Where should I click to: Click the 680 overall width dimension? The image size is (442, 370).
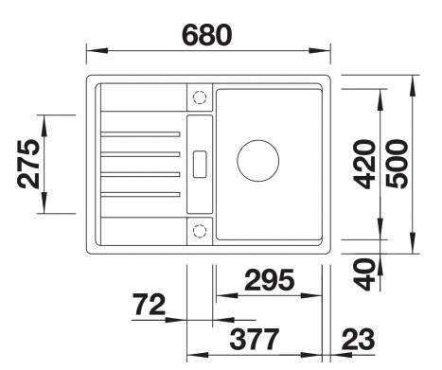(x=207, y=35)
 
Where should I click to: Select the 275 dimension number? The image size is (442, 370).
(x=29, y=164)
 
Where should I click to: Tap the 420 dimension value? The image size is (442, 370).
(x=364, y=164)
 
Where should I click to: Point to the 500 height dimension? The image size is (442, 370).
(x=397, y=164)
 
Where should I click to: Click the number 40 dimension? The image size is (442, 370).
(x=364, y=274)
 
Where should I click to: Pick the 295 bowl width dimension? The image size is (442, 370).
(x=270, y=280)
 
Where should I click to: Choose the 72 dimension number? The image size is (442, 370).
(x=149, y=304)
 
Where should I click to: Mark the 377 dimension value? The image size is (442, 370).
(x=255, y=339)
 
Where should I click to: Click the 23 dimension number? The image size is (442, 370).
(x=359, y=339)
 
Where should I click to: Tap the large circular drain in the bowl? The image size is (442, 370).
(x=258, y=140)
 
